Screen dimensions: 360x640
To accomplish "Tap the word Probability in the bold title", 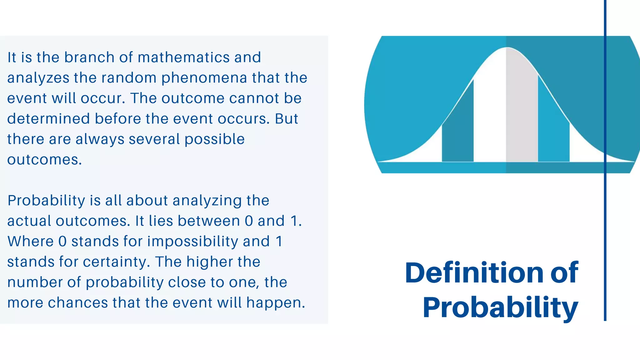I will tap(500, 307).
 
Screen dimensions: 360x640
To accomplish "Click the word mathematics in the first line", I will tap(184, 57).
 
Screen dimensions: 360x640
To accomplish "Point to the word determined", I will tap(48, 119).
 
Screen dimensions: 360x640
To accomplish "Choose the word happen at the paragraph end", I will tap(275, 303).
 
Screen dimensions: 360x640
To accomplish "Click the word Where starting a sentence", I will tap(31, 241).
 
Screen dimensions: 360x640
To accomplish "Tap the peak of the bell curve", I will tap(507, 48).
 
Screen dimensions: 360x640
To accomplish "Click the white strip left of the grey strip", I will tap(490, 119).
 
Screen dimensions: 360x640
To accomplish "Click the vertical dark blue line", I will tap(605, 219).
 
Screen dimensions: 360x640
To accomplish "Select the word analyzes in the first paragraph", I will tap(38, 78).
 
